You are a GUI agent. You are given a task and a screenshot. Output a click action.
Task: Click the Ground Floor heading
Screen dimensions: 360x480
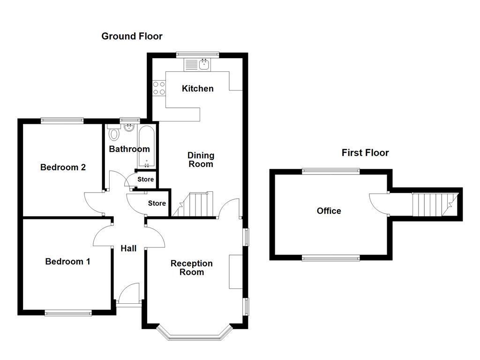[132, 36]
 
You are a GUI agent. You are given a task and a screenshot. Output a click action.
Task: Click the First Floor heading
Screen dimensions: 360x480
[365, 152]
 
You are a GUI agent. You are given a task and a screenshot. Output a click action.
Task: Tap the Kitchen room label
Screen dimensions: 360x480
[197, 89]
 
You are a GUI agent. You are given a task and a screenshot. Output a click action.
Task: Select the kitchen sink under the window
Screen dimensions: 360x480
[204, 65]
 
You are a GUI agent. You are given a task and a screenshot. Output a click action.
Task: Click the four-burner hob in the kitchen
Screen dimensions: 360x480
[159, 88]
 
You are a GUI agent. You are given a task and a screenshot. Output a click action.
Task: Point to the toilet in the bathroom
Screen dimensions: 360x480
[113, 134]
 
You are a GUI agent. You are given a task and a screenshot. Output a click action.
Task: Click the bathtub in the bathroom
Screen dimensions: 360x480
[147, 147]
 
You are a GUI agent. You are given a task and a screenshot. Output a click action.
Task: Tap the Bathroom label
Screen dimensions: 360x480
[129, 149]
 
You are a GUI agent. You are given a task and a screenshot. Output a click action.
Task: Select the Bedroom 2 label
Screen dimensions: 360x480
[63, 167]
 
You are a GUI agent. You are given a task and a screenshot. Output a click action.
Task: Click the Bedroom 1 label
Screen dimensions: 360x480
[67, 262]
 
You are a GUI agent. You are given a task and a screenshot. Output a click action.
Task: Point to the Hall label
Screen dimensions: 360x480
[128, 248]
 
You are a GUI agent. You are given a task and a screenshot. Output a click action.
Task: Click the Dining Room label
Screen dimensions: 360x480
[201, 159]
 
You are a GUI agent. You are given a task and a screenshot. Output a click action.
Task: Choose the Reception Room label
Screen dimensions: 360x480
[191, 268]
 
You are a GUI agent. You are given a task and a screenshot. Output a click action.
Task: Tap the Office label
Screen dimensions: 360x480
[329, 211]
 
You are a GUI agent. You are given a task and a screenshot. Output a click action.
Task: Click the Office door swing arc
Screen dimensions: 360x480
[377, 204]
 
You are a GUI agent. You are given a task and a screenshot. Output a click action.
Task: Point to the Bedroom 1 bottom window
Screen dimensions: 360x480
[68, 313]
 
